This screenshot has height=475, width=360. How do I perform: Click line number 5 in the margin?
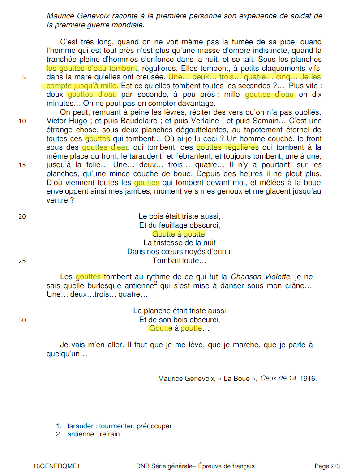(24, 77)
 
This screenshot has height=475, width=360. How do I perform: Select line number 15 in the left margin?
(22, 165)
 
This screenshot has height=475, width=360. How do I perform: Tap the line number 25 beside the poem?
(22, 261)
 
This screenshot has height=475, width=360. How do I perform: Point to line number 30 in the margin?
(22, 320)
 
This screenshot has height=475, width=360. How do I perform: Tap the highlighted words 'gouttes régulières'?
(227, 147)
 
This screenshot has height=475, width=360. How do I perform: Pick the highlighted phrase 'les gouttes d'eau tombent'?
(92, 68)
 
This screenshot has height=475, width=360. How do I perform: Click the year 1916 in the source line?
(308, 379)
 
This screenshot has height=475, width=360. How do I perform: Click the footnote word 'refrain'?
(110, 434)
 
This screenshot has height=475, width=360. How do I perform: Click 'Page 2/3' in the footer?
(327, 466)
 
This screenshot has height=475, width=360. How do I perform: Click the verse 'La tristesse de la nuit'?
(180, 243)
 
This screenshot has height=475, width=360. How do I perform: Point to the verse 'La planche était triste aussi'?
(180, 311)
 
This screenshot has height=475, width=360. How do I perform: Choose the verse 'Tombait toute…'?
(180, 260)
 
